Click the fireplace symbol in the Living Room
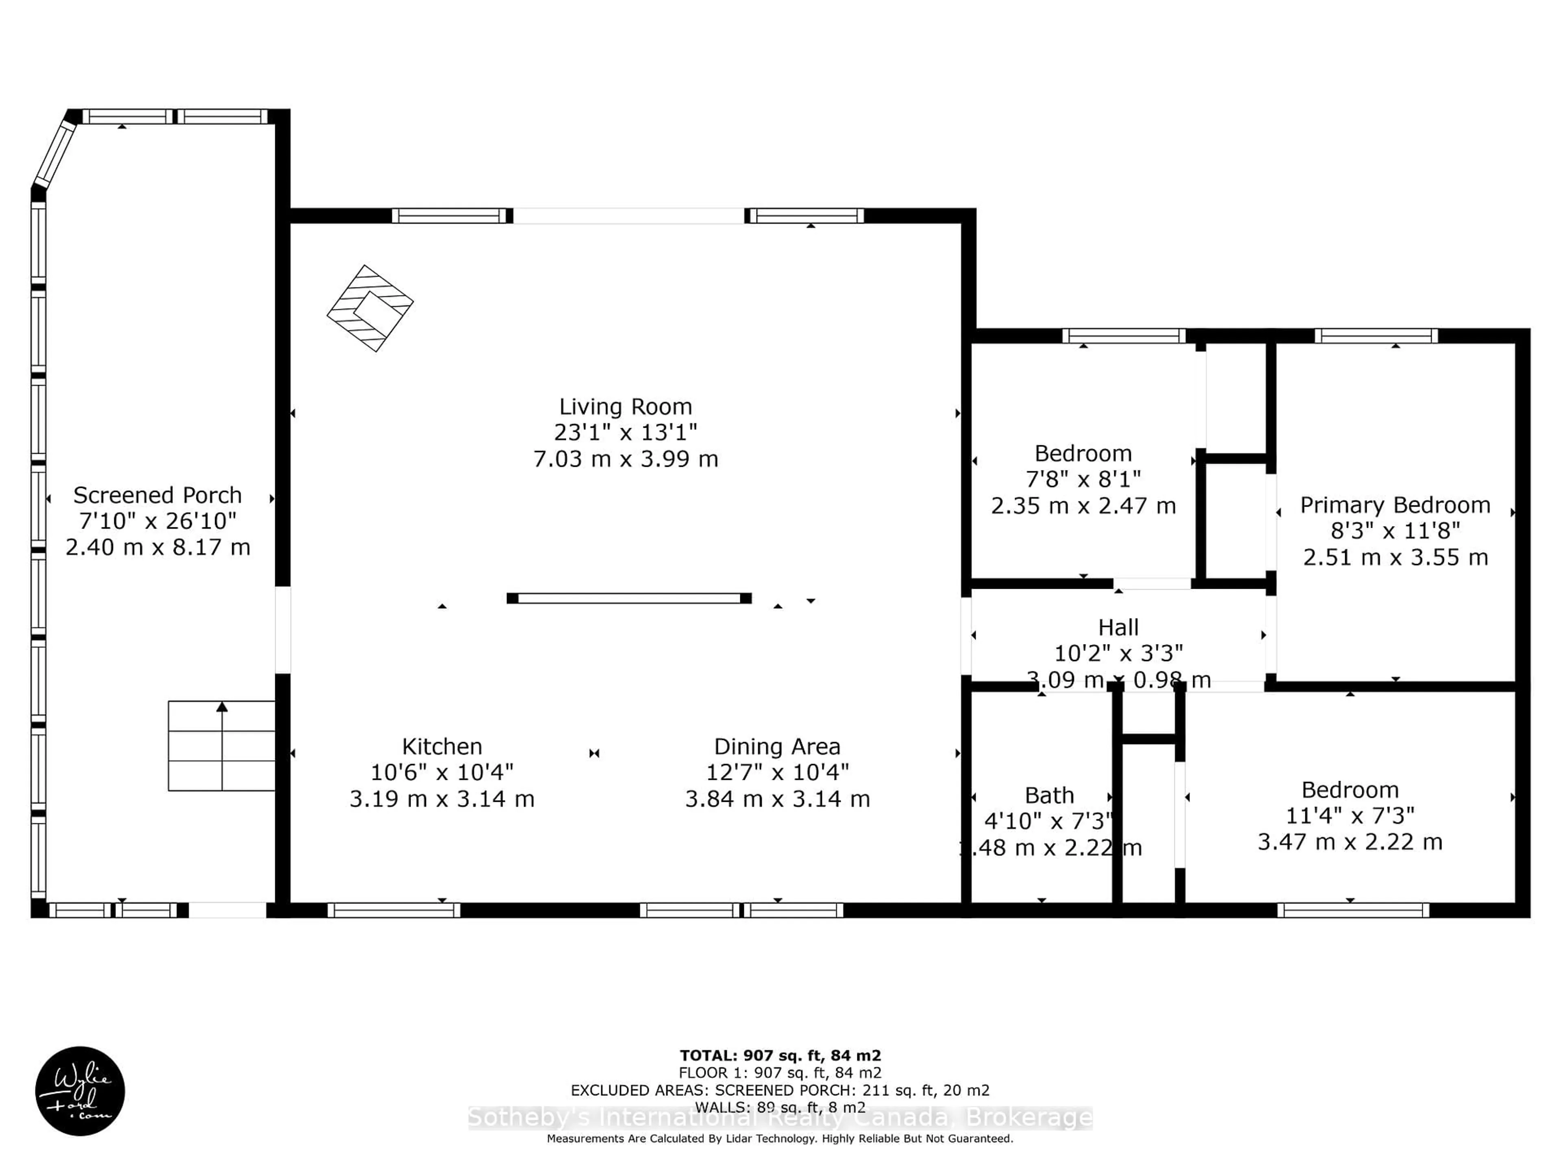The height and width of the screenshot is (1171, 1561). [x=370, y=309]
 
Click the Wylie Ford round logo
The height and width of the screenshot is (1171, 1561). [x=80, y=1090]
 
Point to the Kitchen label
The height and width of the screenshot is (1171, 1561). [x=442, y=746]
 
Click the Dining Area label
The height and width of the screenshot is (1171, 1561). [x=777, y=746]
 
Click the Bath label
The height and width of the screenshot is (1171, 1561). [x=1049, y=795]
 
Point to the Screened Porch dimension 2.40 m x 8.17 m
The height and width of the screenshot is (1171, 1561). [x=158, y=547]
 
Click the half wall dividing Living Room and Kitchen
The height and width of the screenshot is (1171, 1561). [x=629, y=598]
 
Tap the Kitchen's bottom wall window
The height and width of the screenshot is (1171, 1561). [x=394, y=910]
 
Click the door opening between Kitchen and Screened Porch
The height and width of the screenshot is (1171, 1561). [x=282, y=629]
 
